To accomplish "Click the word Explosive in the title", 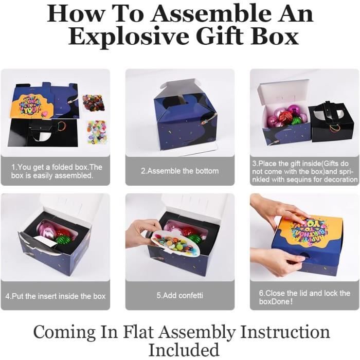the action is [130, 37].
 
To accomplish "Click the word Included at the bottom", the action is [184, 350].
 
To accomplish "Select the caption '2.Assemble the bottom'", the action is [180, 171].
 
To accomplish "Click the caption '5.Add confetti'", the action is [180, 295].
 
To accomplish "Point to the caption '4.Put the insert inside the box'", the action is [56, 296].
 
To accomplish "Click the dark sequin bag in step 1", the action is [94, 102].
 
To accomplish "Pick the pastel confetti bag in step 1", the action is [97, 131].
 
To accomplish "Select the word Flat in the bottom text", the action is [139, 332].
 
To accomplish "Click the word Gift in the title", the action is [220, 36].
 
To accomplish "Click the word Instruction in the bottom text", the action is [285, 332].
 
